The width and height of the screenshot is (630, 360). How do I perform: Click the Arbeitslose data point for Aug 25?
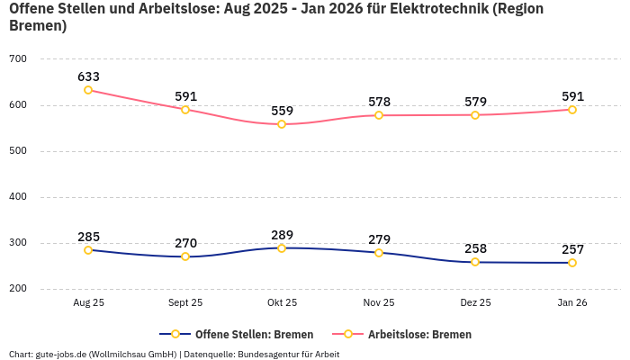pos(88,90)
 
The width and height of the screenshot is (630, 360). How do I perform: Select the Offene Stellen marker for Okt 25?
pos(282,248)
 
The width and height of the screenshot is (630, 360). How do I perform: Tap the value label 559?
pos(282,112)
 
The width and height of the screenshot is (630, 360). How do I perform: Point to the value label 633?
pos(88,77)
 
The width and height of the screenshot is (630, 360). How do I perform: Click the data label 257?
pos(572,249)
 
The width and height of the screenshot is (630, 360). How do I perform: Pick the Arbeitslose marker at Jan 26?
pos(572,110)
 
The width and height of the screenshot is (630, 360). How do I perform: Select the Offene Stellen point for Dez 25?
pos(475,262)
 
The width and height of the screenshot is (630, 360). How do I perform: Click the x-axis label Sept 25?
pos(185,303)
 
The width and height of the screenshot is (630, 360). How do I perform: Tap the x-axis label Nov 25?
pos(379,303)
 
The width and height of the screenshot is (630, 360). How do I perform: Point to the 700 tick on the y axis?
pos(18,59)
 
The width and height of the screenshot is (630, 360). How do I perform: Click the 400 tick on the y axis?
pos(18,197)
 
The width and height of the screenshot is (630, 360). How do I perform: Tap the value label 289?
pos(282,235)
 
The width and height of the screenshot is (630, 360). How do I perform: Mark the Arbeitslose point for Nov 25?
pos(379,115)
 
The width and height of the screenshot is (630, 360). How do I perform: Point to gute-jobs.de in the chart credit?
pos(60,354)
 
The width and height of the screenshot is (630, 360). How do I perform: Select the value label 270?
pos(185,243)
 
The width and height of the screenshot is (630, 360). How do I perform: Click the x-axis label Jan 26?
pos(572,303)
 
